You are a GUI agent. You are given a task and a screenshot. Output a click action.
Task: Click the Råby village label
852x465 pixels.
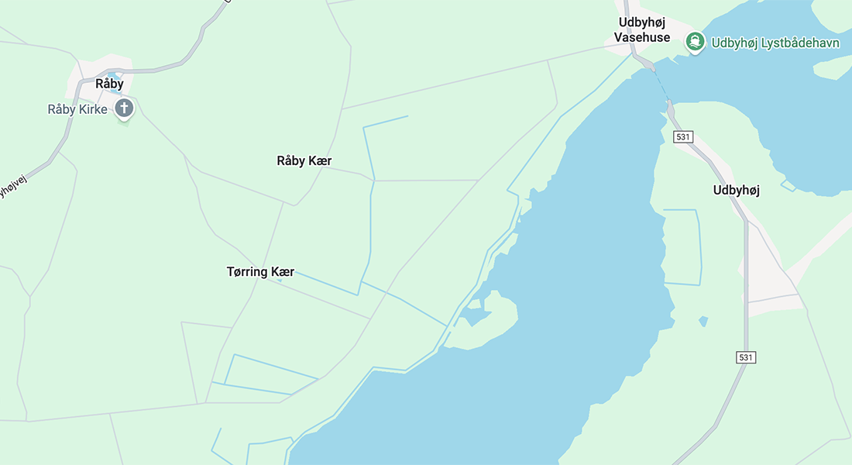pos(109,84)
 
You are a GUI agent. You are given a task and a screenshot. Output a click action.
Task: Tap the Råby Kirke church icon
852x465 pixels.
pos(124,108)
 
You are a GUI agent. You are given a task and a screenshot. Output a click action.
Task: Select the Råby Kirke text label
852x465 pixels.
pos(77,109)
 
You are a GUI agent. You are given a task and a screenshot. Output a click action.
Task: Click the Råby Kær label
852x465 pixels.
pos(304,161)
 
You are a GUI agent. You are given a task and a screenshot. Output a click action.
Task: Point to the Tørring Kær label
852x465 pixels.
pos(260,272)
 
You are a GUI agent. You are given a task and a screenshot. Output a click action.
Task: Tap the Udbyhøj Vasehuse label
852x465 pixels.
pos(642,29)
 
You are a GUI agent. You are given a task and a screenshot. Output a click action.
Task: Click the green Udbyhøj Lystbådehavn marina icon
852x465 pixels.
pos(696,43)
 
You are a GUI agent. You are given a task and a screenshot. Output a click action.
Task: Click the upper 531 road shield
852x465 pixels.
pos(682,137)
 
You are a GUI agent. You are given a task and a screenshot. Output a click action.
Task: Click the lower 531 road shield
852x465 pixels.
pos(745,357)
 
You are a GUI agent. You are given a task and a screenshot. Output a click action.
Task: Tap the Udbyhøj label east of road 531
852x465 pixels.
pos(736,190)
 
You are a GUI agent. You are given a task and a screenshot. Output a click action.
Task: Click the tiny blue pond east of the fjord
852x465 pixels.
pos(703,321)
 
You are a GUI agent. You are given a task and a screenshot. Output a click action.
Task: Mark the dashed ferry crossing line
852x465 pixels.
pos(660,83)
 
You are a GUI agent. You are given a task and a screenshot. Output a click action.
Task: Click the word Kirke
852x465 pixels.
pos(93,109)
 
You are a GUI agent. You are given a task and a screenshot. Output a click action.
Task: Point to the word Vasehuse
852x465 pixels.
pos(642,37)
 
